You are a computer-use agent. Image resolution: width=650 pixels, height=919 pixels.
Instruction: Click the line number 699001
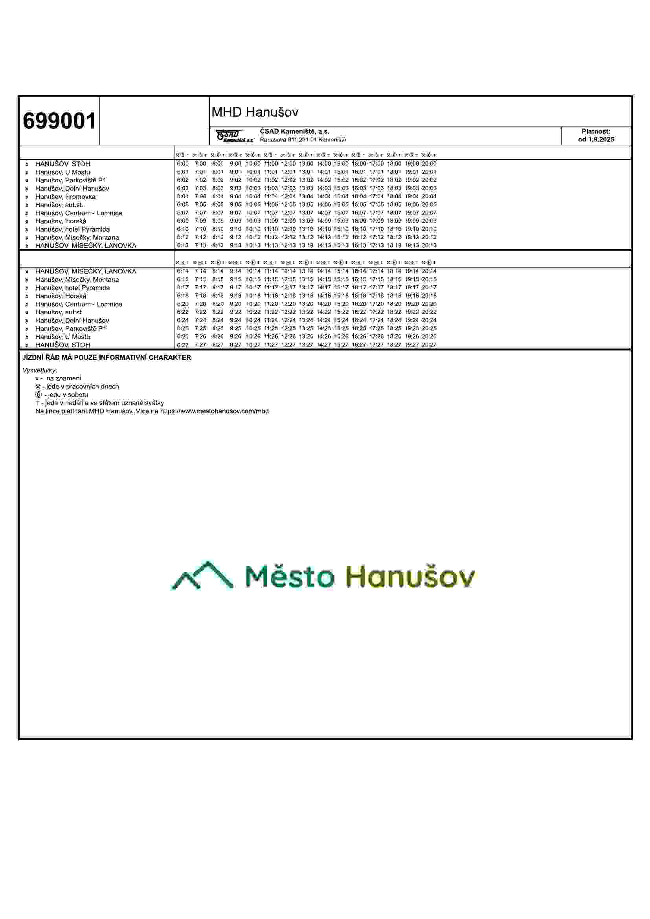click(59, 121)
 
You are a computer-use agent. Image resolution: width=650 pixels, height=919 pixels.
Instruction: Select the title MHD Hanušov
click(255, 112)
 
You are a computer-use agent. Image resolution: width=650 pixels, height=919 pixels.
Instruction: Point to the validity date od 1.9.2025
click(596, 140)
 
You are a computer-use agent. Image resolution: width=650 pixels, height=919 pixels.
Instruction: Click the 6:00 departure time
click(182, 164)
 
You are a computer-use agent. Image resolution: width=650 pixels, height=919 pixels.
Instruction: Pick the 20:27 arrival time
click(429, 345)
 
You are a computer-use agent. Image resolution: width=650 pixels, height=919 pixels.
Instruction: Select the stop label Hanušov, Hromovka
click(65, 196)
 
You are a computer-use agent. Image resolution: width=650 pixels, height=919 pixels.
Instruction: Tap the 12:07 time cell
click(288, 213)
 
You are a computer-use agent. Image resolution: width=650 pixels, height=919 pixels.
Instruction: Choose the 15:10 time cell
click(341, 229)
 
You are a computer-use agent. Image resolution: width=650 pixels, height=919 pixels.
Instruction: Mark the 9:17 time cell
click(235, 287)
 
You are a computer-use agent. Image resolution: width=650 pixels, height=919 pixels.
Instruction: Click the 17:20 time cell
click(376, 304)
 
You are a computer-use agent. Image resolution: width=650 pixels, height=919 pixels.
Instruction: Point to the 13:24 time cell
click(306, 320)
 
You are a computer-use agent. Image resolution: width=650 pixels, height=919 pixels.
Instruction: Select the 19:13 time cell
click(411, 245)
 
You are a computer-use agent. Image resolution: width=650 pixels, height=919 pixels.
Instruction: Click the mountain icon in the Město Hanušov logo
click(201, 576)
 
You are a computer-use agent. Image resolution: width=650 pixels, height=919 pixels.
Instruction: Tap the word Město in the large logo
click(289, 577)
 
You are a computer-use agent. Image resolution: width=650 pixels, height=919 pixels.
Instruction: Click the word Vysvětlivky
click(40, 370)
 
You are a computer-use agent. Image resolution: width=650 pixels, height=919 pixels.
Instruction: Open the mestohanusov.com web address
click(215, 411)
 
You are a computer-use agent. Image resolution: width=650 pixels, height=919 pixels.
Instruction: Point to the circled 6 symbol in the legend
click(38, 394)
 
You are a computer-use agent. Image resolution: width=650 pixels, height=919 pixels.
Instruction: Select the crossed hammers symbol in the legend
click(38, 387)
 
